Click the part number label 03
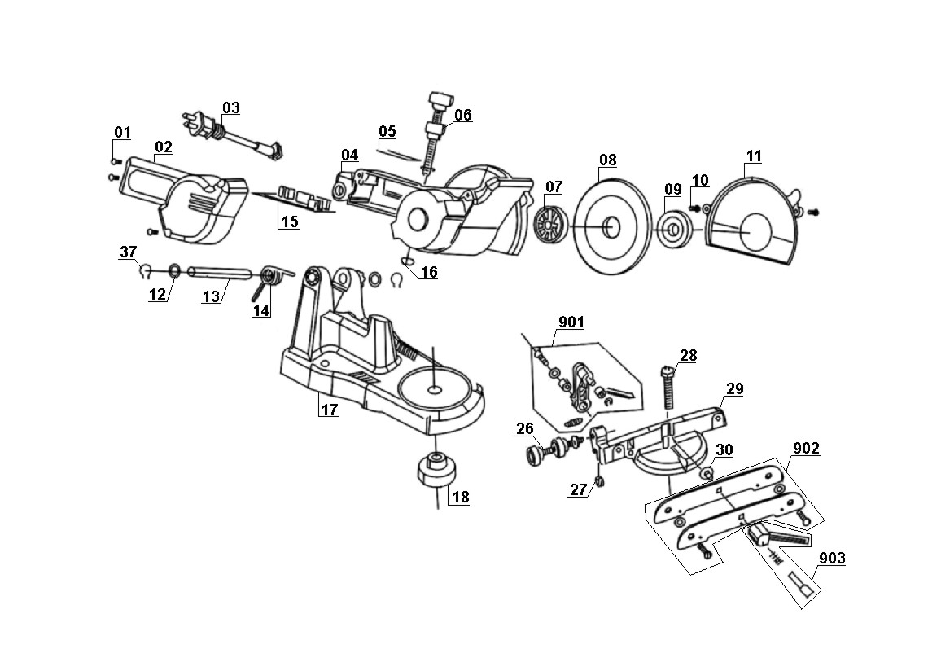[231, 107]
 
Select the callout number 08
[608, 160]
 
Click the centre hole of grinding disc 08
[611, 226]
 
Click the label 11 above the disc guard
[754, 156]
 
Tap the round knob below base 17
[437, 468]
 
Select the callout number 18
[461, 497]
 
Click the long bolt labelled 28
[668, 388]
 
